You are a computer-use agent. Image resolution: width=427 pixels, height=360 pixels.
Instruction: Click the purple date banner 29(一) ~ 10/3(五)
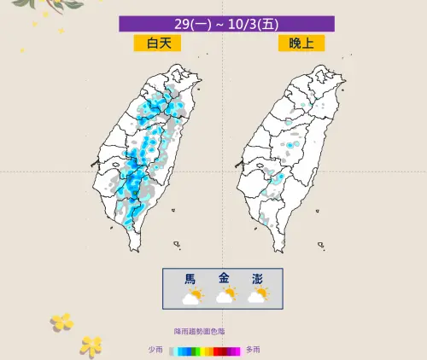pyautogui.click(x=226, y=24)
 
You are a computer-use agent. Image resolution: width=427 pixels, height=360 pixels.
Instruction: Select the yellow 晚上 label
pyautogui.click(x=301, y=44)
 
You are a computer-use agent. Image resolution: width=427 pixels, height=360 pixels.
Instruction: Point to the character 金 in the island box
pyautogui.click(x=225, y=279)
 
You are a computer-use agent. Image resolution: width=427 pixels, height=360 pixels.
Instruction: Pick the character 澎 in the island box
pyautogui.click(x=257, y=279)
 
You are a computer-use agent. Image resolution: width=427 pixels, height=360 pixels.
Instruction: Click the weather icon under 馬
pyautogui.click(x=192, y=296)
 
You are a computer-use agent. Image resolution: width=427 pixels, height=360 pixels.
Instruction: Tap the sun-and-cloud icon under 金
pyautogui.click(x=225, y=296)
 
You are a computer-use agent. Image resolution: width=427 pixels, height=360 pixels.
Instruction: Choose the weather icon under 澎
pyautogui.click(x=257, y=296)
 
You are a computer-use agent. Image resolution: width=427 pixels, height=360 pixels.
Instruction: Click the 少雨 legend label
pyautogui.click(x=155, y=350)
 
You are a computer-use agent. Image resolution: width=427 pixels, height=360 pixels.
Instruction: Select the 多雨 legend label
pyautogui.click(x=254, y=350)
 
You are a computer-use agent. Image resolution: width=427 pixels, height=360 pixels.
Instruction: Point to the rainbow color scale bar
pyautogui.click(x=205, y=350)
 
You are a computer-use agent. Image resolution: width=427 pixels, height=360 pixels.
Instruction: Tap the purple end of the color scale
pyautogui.click(x=238, y=350)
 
